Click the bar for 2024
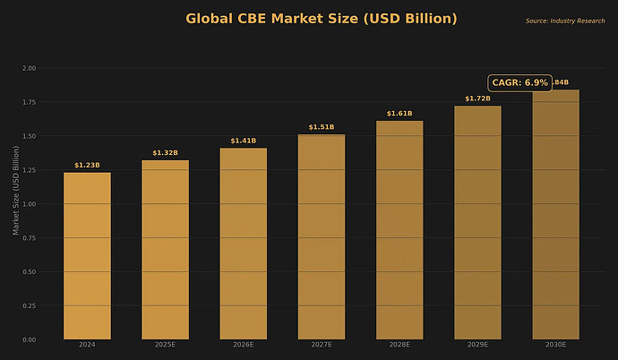(87, 256)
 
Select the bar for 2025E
(165, 250)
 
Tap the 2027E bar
(322, 237)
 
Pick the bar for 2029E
(477, 223)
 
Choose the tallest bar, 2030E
(555, 215)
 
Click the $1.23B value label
(87, 166)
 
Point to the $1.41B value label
(244, 141)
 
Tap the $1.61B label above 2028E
(399, 114)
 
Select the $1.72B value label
(477, 99)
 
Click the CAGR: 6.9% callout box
(520, 82)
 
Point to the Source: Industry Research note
(565, 21)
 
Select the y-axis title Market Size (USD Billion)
(14, 204)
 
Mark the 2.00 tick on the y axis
(30, 68)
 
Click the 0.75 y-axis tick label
(30, 238)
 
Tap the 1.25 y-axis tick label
(30, 170)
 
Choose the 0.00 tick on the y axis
(30, 340)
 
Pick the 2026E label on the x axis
(244, 345)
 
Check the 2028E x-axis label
(399, 345)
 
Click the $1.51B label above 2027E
(322, 127)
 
